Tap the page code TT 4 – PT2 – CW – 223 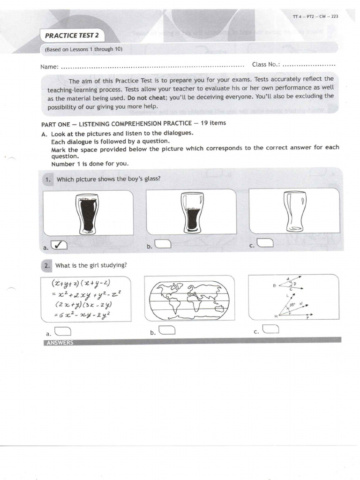coord(315,16)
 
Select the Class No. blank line coord(309,65)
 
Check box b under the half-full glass coord(163,244)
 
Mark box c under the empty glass coord(266,243)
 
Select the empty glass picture coord(294,210)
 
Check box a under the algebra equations coord(63,331)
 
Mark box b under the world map coord(167,330)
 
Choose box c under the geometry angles coord(271,329)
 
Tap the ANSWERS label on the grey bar coord(59,343)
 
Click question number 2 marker coord(47,266)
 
